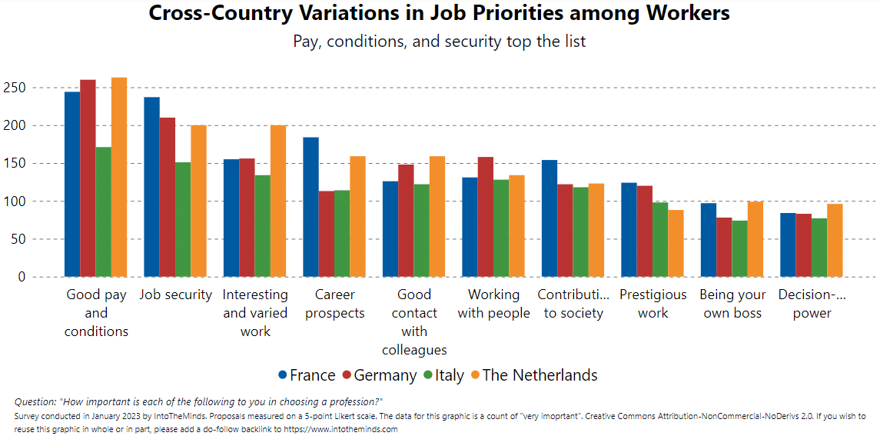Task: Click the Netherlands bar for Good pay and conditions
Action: [x=119, y=177]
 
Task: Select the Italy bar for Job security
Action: [x=183, y=219]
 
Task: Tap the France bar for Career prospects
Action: [x=310, y=207]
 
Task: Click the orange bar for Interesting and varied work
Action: [x=278, y=201]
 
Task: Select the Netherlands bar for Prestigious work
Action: [x=676, y=243]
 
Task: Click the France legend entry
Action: [x=307, y=375]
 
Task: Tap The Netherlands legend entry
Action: [x=533, y=375]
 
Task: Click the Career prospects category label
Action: [x=335, y=304]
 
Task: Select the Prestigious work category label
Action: [x=653, y=304]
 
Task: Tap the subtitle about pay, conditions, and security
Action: [x=439, y=42]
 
